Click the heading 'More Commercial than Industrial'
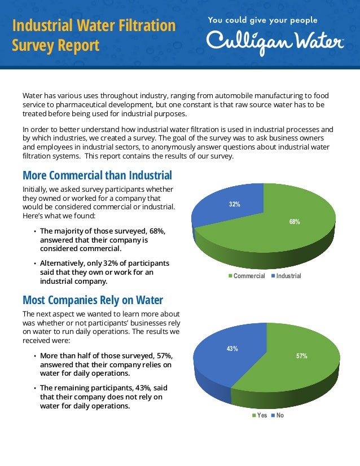coord(96,175)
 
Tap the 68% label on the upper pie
coord(295,222)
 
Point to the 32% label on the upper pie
coord(234,204)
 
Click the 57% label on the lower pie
coord(302,357)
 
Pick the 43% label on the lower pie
coord(232,349)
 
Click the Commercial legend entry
coord(249,276)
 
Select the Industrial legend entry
coord(289,276)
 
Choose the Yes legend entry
coord(262,416)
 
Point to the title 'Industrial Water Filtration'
coord(94,25)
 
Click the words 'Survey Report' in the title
coord(56,45)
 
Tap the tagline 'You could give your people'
coord(262,20)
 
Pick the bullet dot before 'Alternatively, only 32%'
coord(34,263)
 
